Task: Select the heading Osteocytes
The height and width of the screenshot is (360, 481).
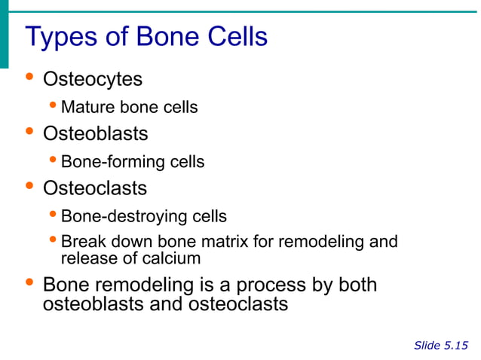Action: pyautogui.click(x=93, y=79)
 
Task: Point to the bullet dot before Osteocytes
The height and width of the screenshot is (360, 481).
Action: pyautogui.click(x=29, y=78)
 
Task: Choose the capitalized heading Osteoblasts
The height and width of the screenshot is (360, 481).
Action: pyautogui.click(x=95, y=134)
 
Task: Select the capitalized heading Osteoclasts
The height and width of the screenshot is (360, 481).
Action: pyautogui.click(x=95, y=188)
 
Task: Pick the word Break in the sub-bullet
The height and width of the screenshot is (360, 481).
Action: pyautogui.click(x=81, y=243)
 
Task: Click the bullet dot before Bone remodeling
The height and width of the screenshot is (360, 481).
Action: pyautogui.click(x=29, y=285)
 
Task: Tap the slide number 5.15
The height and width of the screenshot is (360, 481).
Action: pyautogui.click(x=455, y=346)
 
